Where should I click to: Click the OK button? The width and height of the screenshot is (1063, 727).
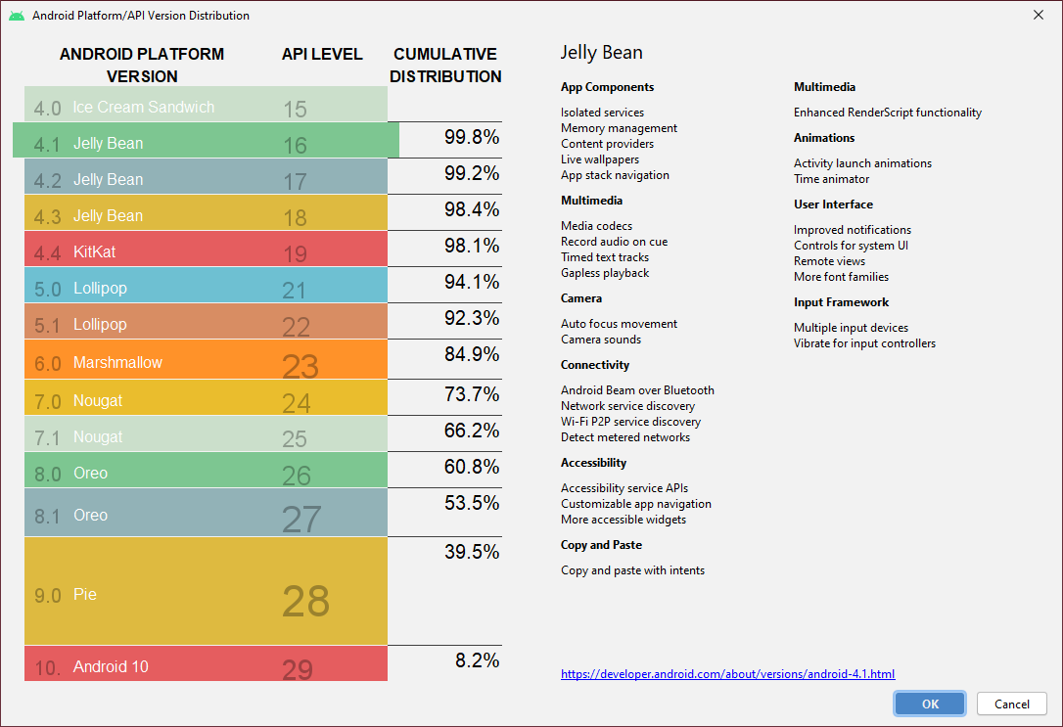[x=929, y=704]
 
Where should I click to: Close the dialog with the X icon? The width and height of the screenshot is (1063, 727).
[x=1038, y=15]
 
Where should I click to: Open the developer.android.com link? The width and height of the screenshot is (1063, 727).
[x=727, y=674]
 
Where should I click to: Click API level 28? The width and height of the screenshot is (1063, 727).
[x=305, y=601]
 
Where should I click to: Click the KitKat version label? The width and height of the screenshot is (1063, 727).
[x=94, y=252]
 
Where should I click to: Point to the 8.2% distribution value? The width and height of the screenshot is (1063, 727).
[x=478, y=660]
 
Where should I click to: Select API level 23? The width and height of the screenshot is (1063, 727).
[x=300, y=366]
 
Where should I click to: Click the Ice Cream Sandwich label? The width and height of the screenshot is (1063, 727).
[x=143, y=107]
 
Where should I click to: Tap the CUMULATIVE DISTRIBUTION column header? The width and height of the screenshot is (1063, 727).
[x=445, y=65]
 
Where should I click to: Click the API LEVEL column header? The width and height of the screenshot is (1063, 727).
[x=322, y=54]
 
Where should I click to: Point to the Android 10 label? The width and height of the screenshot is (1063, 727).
[x=111, y=667]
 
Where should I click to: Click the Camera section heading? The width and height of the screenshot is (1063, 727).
[x=581, y=298]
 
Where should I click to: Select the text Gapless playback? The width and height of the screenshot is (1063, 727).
[x=605, y=273]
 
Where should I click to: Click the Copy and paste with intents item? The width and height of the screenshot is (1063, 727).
[x=632, y=570]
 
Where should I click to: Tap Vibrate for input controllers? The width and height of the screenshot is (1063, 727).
[x=864, y=343]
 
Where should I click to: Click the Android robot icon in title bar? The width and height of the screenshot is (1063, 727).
[x=17, y=16]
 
